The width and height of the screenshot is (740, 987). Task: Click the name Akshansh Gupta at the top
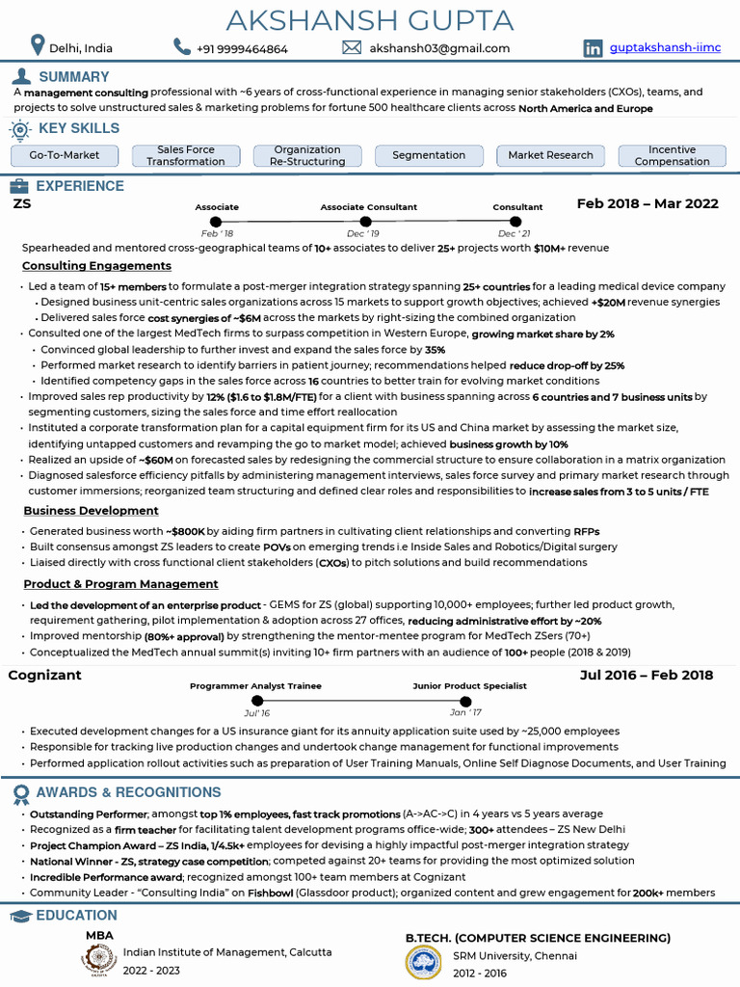coord(370,19)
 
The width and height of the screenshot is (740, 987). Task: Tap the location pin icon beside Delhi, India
coord(38,46)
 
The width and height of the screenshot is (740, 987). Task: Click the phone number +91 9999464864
coord(242,48)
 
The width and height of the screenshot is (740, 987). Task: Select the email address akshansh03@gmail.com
coord(439,48)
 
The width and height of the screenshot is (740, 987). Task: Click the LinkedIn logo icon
coord(594,47)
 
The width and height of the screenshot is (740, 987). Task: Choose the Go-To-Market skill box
coord(65,155)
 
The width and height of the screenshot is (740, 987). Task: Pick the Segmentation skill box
coord(429,155)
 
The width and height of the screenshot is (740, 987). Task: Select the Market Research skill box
coord(550,155)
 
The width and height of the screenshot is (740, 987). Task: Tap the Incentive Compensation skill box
coord(672,155)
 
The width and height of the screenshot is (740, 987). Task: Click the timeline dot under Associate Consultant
coord(363,223)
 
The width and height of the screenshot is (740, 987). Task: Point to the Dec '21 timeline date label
coord(514,234)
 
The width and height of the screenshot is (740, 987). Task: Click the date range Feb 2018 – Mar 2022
coord(647,203)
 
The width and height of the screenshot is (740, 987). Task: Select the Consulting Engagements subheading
coord(96,265)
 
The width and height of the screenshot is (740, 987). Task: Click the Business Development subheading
coord(92,511)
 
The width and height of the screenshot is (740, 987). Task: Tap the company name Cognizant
coord(45,675)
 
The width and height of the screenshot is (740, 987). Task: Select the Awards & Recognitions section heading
coord(128,792)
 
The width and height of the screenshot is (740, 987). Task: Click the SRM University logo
coord(424,962)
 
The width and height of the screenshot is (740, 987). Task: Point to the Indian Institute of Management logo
coord(98,959)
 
